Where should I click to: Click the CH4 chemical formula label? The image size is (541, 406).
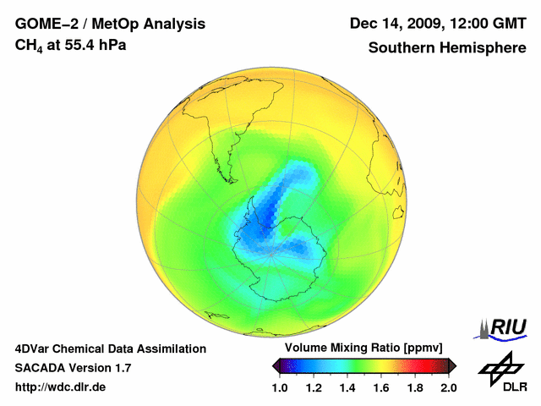(x=29, y=46)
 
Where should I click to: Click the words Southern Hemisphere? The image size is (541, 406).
(x=446, y=48)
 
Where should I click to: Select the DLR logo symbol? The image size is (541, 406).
(x=500, y=369)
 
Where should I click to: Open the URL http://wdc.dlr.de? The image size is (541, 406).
(x=60, y=387)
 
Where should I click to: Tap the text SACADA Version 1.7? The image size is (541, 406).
(x=73, y=368)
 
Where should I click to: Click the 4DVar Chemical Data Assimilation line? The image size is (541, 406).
(x=111, y=348)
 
